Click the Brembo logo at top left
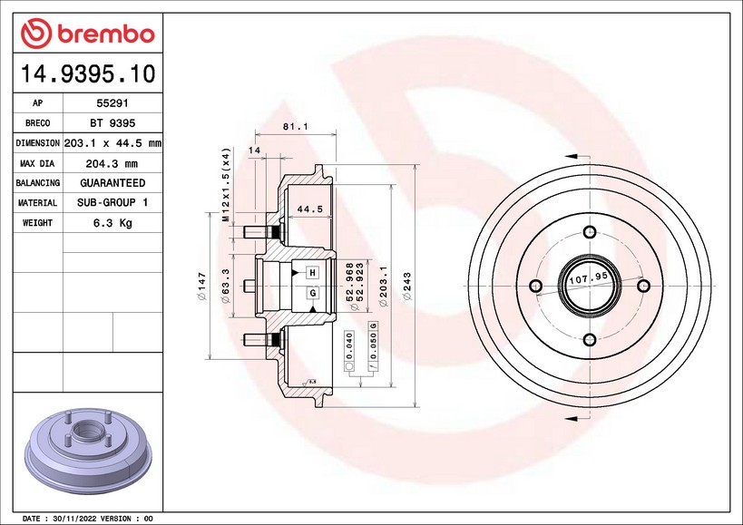pyautogui.click(x=88, y=34)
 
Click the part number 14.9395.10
pyautogui.click(x=88, y=73)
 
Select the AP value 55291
pyautogui.click(x=112, y=102)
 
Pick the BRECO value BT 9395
pyautogui.click(x=112, y=123)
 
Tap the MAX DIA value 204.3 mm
pyautogui.click(x=112, y=164)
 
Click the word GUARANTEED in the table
pyautogui.click(x=112, y=183)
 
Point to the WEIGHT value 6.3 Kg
pyautogui.click(x=112, y=222)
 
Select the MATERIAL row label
pyautogui.click(x=37, y=202)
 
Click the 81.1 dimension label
pyautogui.click(x=295, y=126)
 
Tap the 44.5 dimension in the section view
pyautogui.click(x=310, y=209)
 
